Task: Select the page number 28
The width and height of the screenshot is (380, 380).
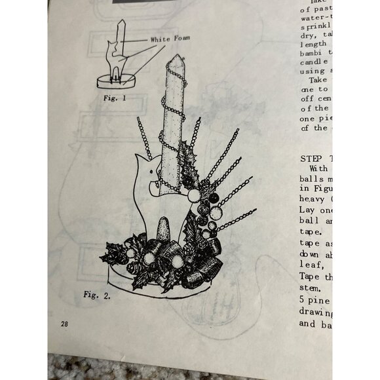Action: [64, 324]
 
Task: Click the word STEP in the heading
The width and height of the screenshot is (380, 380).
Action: [313, 159]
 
